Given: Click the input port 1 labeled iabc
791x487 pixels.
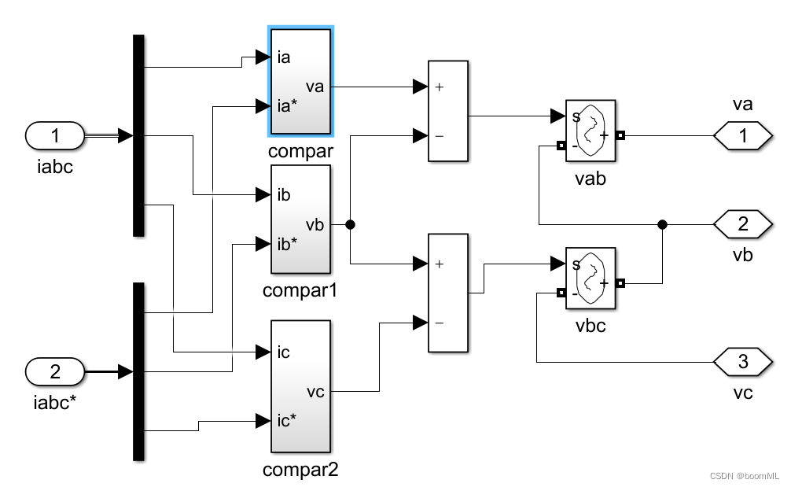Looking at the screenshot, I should (55, 136).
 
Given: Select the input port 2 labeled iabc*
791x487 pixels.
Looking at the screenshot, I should (55, 371).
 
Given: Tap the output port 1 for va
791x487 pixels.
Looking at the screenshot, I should (743, 136).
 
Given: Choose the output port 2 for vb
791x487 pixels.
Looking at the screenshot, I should (743, 224).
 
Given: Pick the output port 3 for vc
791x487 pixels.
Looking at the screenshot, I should (743, 362).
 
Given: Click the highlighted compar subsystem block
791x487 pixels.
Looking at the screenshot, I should (300, 81).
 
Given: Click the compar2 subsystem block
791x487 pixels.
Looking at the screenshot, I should (300, 386).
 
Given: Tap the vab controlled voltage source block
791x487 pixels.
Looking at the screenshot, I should (590, 131).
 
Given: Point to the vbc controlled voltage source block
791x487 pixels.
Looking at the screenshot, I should (590, 278).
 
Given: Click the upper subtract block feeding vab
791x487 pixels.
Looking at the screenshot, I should (447, 111).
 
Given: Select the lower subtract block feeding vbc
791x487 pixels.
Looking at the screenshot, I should (447, 293).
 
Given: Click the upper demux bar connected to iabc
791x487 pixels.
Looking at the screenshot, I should (138, 135).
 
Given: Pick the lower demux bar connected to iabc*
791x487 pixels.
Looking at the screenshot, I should (138, 371).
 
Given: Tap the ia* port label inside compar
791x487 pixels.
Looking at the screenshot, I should (287, 105).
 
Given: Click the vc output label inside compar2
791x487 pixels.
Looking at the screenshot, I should (315, 391).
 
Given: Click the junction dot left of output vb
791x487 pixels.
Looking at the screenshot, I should (663, 224).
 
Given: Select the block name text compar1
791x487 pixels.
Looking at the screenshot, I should (300, 290).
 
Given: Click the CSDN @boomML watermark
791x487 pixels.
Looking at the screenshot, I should (744, 477).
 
